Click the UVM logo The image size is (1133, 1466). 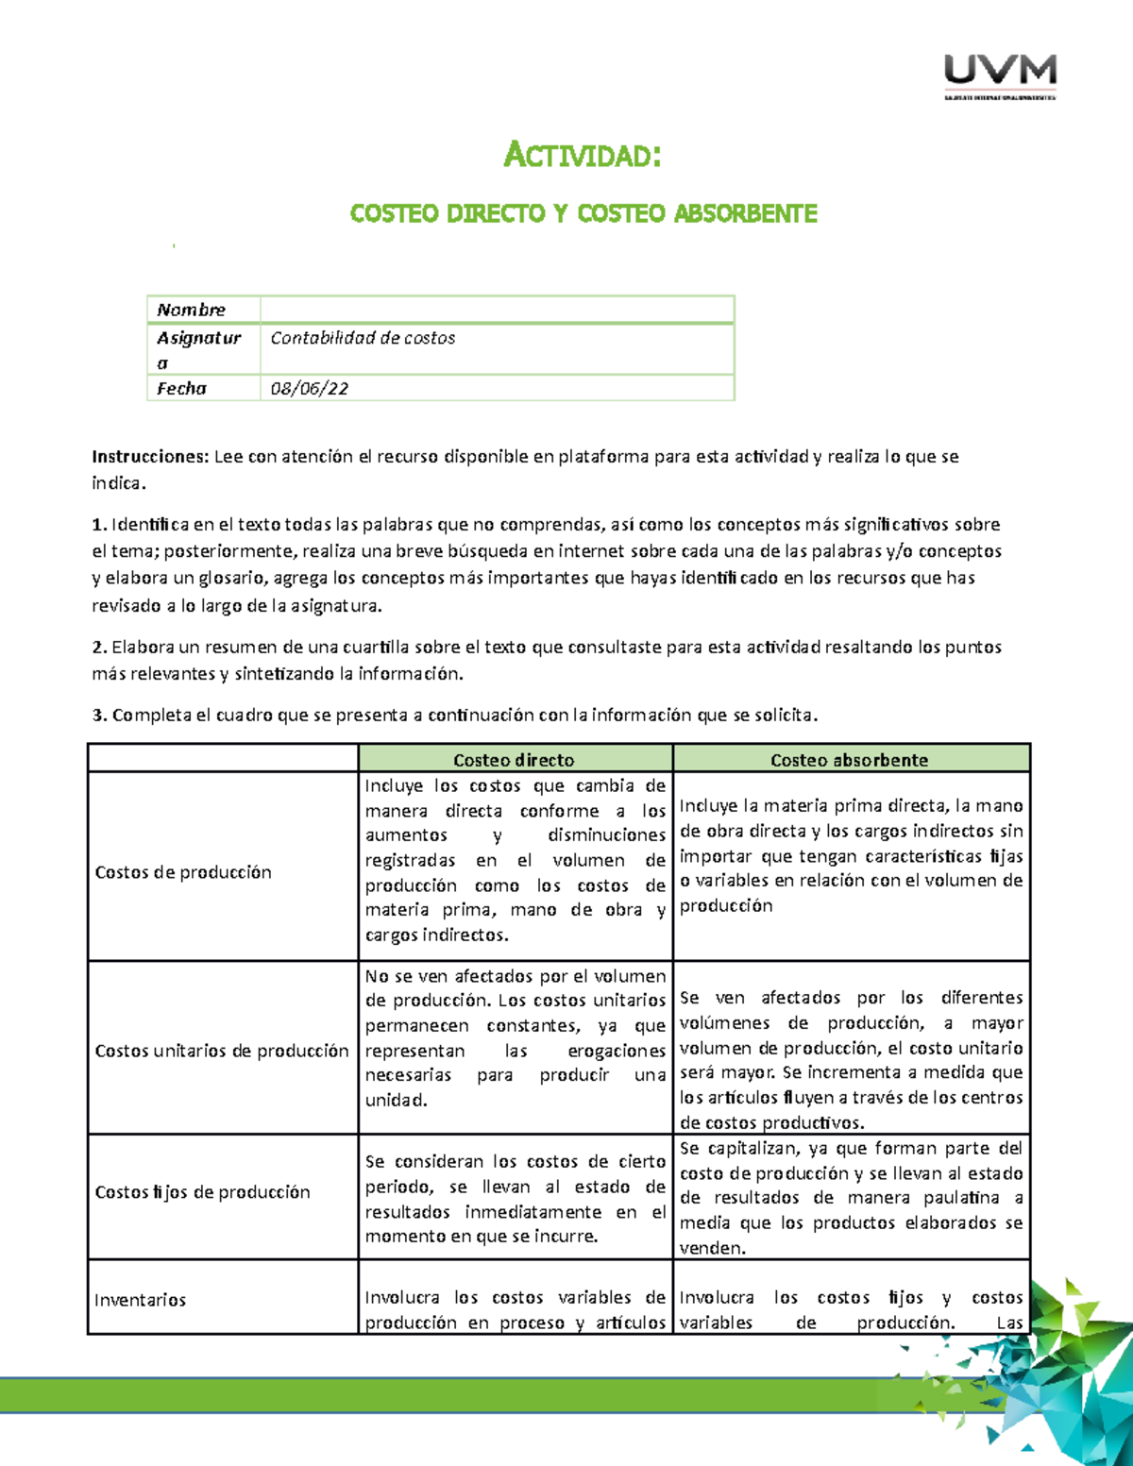pos(1000,76)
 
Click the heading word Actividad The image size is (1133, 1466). pos(582,154)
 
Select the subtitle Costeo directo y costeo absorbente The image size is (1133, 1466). pos(583,213)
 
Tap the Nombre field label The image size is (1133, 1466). pos(191,310)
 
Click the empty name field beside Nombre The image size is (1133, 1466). pos(497,310)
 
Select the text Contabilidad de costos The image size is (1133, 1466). pos(363,338)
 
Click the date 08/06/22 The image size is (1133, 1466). pos(309,388)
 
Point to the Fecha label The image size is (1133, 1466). pos(181,388)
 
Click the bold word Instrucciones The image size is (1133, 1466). pos(149,457)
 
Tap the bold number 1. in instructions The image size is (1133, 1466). pos(99,525)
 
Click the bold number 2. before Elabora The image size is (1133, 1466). pos(99,648)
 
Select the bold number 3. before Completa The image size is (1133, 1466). pos(99,716)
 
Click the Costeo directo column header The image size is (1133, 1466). pos(514,760)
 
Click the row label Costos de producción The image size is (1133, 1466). pos(183,872)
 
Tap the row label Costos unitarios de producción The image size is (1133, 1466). pos(222,1051)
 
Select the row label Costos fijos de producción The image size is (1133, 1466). pos(202,1192)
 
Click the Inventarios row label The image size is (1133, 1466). pos(140,1300)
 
